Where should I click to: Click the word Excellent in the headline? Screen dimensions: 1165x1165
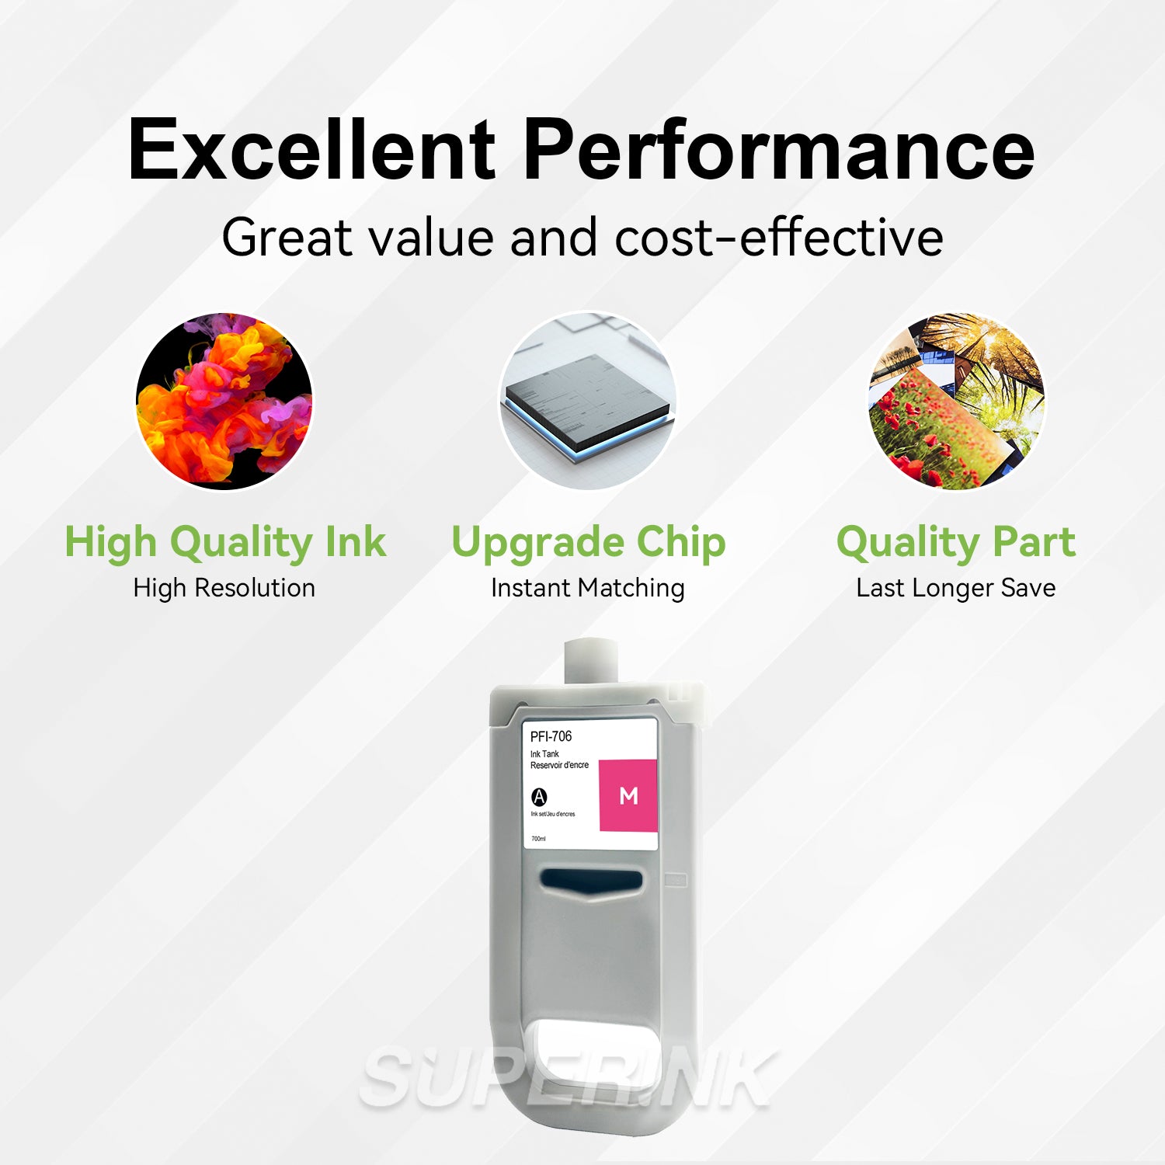click(x=311, y=150)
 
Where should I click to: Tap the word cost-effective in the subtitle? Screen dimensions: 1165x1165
click(x=779, y=238)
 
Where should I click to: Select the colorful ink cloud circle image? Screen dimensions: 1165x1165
click(x=224, y=401)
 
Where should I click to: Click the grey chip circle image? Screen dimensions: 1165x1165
click(x=588, y=401)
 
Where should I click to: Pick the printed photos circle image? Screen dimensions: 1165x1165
click(x=956, y=401)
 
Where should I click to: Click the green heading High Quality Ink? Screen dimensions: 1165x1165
click(x=225, y=541)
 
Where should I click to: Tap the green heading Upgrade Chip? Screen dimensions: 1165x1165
click(x=588, y=541)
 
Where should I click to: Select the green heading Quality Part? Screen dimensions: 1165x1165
click(x=956, y=541)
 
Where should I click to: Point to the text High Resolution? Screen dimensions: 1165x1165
click(x=224, y=588)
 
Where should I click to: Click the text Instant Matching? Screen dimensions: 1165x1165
click(x=588, y=588)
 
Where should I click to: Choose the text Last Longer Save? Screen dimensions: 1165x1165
click(x=956, y=588)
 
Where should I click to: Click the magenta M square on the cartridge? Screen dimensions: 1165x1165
click(x=628, y=795)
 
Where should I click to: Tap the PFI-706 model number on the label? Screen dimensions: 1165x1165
click(x=551, y=736)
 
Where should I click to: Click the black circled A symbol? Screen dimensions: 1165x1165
click(x=539, y=797)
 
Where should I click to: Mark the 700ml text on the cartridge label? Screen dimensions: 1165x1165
click(x=538, y=839)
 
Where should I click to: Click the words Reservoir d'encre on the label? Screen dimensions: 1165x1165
click(x=559, y=765)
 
